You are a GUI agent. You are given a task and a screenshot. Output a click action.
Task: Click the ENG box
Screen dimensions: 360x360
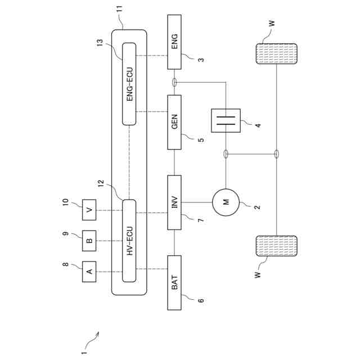[175, 42]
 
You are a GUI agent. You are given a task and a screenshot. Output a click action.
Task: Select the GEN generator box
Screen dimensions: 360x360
[175, 122]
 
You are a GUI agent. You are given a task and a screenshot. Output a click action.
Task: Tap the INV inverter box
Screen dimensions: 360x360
[175, 202]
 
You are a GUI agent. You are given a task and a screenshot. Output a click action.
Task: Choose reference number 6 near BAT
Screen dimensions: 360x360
[201, 300]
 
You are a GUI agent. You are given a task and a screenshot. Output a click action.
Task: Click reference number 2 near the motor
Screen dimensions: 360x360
[257, 207]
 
